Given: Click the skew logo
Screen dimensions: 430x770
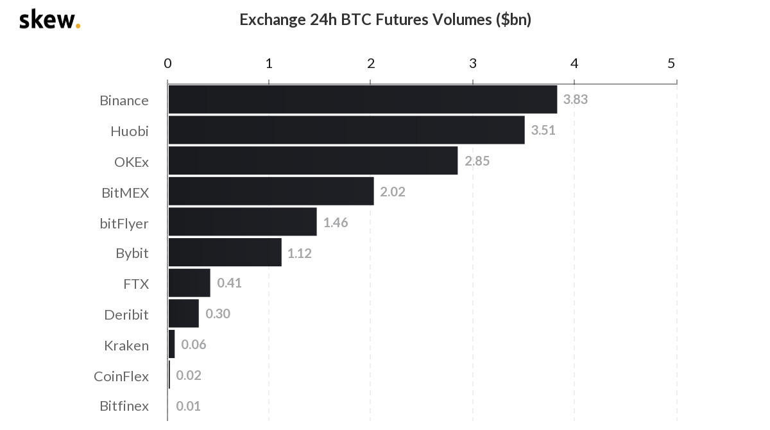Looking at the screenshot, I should (49, 19).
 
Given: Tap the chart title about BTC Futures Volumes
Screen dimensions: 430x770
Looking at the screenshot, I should (385, 19).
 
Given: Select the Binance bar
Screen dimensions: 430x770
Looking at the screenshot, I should (363, 99).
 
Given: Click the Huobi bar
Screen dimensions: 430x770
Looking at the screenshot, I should (346, 130).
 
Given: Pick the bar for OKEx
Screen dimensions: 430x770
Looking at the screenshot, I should (313, 160).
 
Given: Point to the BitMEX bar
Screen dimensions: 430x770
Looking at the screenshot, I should (271, 191).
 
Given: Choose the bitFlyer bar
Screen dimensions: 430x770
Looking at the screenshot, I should (243, 222).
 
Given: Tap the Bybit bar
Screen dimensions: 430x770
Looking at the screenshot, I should (225, 252).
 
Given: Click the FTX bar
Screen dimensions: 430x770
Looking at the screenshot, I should (189, 283).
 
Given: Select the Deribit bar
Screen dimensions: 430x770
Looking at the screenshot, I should (184, 314).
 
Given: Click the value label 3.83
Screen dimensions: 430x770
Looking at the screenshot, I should (576, 99).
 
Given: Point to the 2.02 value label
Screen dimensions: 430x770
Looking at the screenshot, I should (393, 192).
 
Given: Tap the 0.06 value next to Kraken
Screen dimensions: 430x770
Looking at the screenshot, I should (194, 345).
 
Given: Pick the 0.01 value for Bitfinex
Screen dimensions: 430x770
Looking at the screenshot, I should (189, 406).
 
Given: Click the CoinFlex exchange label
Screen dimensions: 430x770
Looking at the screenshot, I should (121, 376).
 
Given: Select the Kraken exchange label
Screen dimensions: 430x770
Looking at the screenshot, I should (126, 345).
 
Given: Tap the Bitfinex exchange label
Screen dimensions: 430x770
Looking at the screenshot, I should (124, 406).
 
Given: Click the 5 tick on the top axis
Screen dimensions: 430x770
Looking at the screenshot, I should (671, 63).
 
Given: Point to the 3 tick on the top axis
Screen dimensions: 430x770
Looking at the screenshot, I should (473, 63).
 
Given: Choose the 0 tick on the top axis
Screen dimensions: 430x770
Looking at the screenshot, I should (167, 63).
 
